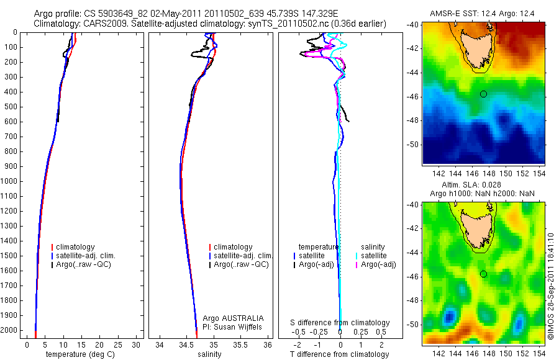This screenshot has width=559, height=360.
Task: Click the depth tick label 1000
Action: [10, 181]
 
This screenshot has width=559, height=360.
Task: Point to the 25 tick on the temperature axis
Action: [119, 344]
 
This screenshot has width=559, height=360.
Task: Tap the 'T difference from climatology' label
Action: [340, 354]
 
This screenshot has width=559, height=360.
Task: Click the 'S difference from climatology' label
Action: [340, 323]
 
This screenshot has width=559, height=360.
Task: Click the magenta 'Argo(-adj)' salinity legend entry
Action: [378, 264]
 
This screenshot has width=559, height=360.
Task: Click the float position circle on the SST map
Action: [483, 94]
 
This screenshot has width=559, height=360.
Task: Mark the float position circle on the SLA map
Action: [483, 274]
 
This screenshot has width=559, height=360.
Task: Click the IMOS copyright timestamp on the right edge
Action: [551, 292]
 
